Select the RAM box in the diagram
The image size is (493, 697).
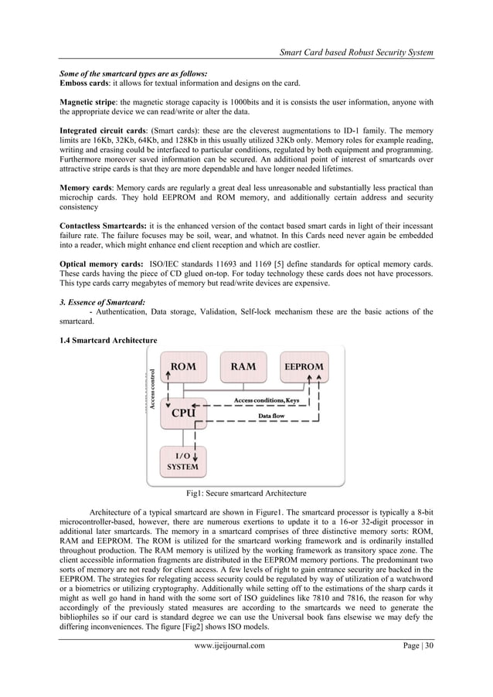point(244,368)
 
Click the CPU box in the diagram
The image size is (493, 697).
point(183,413)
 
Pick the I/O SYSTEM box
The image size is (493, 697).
point(182,461)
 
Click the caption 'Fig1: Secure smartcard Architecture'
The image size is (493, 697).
point(246,492)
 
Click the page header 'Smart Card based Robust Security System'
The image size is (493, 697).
point(348,52)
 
